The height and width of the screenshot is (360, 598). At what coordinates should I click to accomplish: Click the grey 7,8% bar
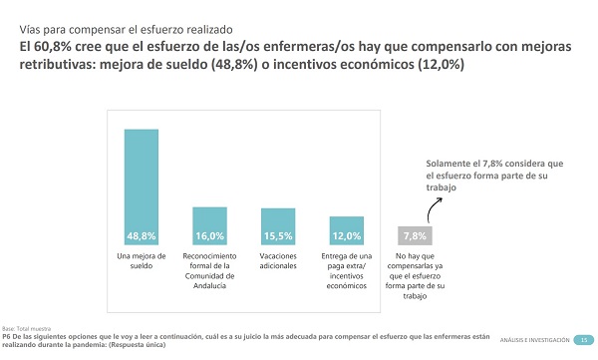coord(415,235)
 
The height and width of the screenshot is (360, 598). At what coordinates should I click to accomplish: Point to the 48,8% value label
coord(141,236)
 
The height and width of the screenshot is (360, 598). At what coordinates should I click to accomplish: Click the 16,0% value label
coord(209,236)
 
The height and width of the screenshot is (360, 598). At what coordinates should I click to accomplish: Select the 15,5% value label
coord(278,236)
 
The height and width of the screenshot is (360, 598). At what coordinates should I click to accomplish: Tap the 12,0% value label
coord(346,236)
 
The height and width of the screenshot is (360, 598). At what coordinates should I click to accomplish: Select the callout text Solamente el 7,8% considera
coord(495,175)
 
